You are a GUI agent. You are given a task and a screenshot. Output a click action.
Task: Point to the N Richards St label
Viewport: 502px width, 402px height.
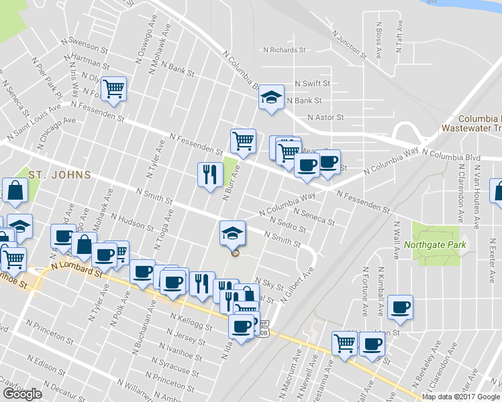click(285, 50)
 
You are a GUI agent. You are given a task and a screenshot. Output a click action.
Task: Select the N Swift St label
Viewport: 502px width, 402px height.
click(313, 84)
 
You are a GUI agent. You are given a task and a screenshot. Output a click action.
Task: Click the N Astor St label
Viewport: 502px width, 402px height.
click(325, 117)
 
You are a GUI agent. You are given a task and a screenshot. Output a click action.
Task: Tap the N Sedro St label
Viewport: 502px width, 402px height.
click(287, 224)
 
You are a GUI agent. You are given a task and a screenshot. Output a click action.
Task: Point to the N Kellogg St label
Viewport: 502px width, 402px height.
click(191, 322)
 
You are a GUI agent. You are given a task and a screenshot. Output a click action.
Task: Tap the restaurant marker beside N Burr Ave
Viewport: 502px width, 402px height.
click(210, 175)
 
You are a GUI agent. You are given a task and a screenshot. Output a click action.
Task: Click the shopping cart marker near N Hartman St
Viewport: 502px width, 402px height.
click(114, 88)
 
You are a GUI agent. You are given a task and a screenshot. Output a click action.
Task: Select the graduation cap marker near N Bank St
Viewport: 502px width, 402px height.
click(272, 98)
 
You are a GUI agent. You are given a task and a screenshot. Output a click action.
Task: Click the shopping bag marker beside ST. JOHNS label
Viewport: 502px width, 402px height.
click(15, 192)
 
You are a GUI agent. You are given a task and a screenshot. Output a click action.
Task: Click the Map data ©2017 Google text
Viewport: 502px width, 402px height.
click(460, 397)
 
